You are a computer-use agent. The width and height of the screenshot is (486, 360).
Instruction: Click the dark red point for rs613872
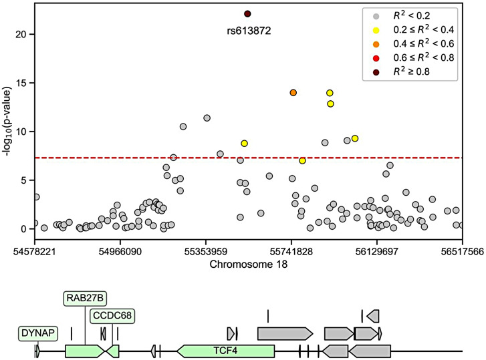click(247, 13)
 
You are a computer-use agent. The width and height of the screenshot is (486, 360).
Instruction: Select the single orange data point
click(293, 93)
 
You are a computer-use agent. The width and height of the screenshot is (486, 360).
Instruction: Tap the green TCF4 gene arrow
click(226, 350)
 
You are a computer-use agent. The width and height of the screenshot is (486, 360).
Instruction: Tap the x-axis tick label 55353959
click(205, 252)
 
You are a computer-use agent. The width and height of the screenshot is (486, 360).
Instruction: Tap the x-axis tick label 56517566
click(461, 252)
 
